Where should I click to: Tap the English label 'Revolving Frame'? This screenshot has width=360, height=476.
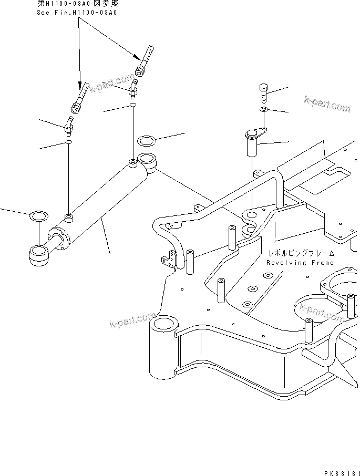coord(300,263)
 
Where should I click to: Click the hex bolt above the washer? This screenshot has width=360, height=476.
coord(264,92)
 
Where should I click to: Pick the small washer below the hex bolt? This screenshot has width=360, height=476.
coord(264,109)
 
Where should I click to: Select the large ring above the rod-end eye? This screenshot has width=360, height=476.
coord(39,215)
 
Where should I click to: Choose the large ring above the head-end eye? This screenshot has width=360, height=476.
coord(146,141)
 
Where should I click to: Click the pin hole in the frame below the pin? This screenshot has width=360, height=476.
coord(251,215)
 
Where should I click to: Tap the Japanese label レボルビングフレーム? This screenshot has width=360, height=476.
coord(300,253)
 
